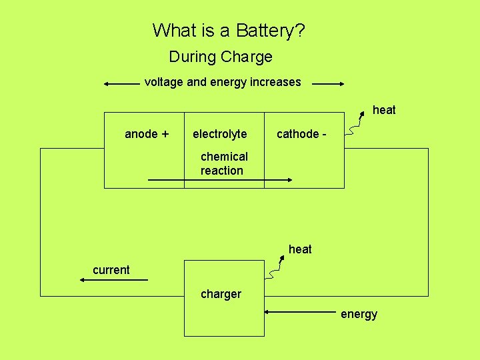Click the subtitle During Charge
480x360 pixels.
click(221, 57)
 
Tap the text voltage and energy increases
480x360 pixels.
click(223, 82)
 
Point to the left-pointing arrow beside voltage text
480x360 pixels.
click(122, 85)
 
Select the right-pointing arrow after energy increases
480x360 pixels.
click(328, 85)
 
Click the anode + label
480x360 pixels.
click(147, 134)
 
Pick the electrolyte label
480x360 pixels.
click(219, 134)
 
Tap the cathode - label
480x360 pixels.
click(301, 134)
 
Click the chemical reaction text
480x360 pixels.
click(223, 163)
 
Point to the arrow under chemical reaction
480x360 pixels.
click(220, 180)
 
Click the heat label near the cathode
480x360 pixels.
click(384, 110)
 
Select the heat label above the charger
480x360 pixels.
click(300, 249)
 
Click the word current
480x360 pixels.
click(111, 270)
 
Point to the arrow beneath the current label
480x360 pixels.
click(113, 281)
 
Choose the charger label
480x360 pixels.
click(221, 294)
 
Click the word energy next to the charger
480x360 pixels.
click(359, 314)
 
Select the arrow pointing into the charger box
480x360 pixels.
click(300, 311)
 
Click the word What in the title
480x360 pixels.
click(173, 30)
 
